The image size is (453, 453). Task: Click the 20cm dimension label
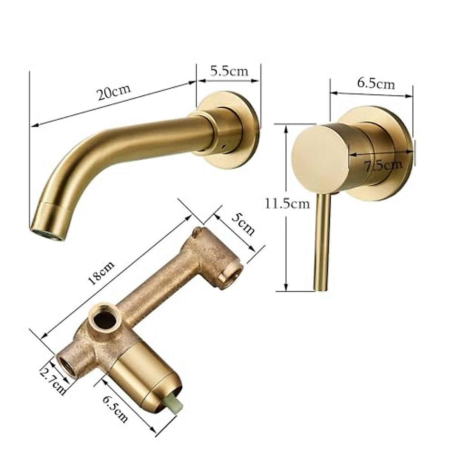[114, 92]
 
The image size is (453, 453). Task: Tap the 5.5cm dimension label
[229, 71]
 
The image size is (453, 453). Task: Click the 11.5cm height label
[287, 203]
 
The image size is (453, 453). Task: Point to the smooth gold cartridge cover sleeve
[145, 377]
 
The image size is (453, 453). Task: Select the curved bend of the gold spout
[75, 166]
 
